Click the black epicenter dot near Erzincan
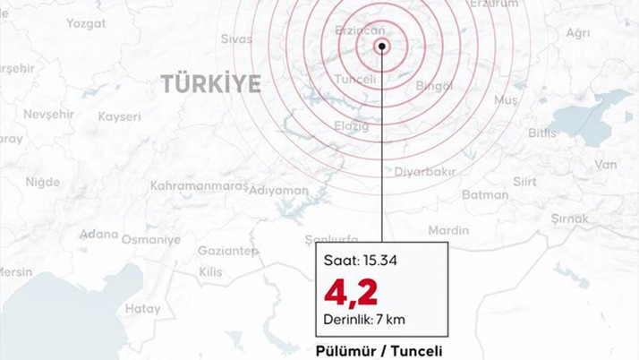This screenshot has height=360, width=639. (382, 46)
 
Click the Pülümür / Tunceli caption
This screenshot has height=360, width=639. (379, 350)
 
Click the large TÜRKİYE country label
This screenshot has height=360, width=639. (211, 84)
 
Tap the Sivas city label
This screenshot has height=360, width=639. (236, 39)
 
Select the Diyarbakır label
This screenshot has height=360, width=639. (426, 171)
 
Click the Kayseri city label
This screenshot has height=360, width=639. (119, 117)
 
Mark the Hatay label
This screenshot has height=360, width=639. (143, 309)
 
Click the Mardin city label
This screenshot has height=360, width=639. (448, 230)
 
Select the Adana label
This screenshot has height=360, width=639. (98, 235)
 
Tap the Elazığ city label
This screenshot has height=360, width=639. (352, 126)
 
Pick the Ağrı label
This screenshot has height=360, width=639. (578, 33)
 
